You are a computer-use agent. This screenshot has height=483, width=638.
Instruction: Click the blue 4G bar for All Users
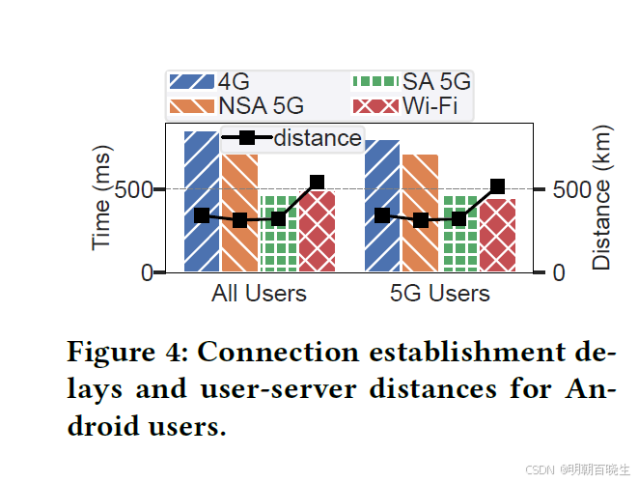click(x=202, y=241)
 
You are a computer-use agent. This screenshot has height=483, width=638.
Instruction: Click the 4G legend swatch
click(x=191, y=83)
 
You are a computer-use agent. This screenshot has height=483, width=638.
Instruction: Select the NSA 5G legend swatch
click(x=191, y=105)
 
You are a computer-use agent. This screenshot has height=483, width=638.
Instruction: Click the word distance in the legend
click(x=318, y=138)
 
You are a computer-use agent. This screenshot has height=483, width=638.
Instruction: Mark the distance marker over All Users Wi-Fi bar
click(x=317, y=182)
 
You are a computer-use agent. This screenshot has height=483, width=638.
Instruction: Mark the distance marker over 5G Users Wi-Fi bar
click(x=497, y=186)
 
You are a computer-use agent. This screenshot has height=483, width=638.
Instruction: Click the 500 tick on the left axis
click(x=133, y=189)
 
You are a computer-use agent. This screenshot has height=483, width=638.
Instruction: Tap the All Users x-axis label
click(x=259, y=294)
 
